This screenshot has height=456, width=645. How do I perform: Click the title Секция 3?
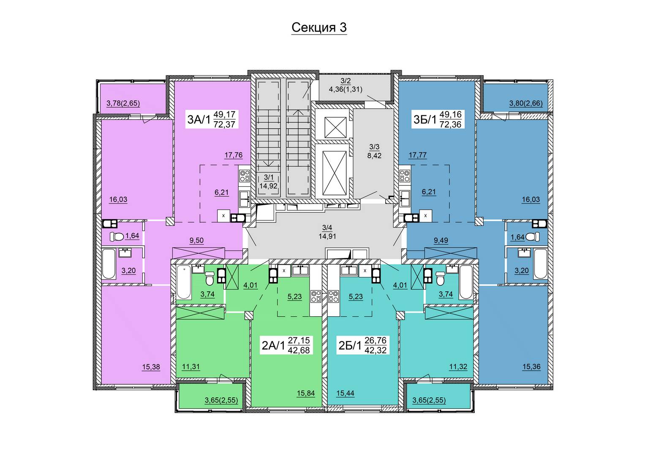point(319,27)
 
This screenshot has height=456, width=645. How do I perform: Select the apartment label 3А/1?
point(199,119)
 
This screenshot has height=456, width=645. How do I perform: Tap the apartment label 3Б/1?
point(425,119)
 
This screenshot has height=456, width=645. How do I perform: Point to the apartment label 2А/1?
point(274,345)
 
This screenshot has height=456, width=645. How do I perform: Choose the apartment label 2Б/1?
point(350,345)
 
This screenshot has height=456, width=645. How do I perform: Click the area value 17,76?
point(234,155)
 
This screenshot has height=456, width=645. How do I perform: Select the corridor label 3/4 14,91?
point(327,232)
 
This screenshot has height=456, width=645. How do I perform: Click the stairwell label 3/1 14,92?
point(268,182)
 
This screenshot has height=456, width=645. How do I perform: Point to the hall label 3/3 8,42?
point(374,151)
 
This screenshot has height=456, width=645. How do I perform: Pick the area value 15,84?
point(306,393)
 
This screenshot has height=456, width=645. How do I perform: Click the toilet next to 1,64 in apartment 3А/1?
point(117,237)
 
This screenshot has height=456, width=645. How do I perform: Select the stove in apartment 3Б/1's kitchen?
point(405,176)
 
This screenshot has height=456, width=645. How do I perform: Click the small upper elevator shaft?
point(335,128)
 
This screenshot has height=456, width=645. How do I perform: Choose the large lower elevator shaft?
point(334,174)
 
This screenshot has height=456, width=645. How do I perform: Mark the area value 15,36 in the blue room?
point(531,367)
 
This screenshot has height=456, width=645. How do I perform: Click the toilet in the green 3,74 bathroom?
point(210,279)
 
